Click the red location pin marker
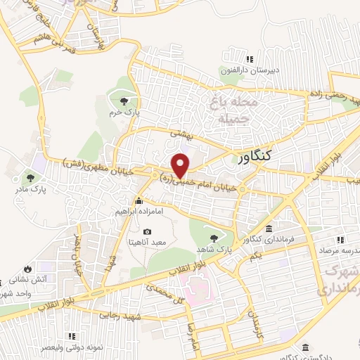pos(181,165)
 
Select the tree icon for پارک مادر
pos(30,177)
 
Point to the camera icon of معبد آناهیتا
pos(147,231)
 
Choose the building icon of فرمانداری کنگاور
pos(269,229)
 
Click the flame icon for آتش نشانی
pos(27,269)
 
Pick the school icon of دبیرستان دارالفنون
pos(250,59)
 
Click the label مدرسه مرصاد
pos(335,250)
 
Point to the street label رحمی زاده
pos(331,98)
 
